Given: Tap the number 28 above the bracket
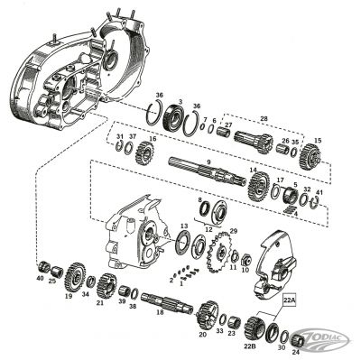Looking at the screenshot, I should click(x=264, y=118).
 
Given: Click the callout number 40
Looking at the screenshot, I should click(x=40, y=279).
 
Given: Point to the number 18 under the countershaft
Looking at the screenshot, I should click(x=160, y=311).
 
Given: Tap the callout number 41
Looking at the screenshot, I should click(x=319, y=191).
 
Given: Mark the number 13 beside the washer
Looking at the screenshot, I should click(x=184, y=226).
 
